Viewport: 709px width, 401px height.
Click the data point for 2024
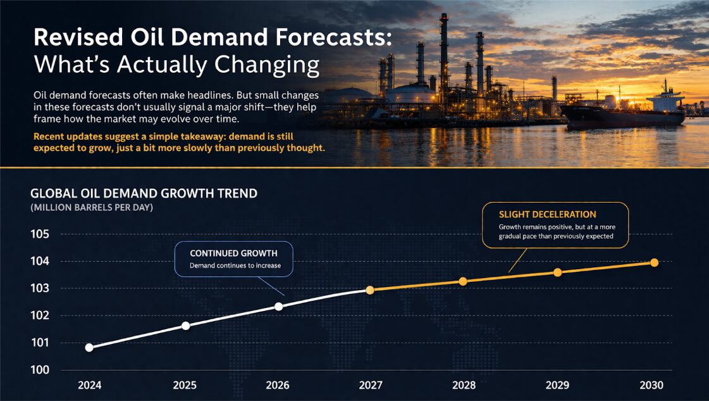click(89, 347)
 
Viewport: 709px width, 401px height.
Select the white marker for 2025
click(185, 326)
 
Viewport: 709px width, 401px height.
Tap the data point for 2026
click(278, 306)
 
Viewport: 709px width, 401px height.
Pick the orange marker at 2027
click(370, 290)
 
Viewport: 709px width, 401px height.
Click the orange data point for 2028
click(463, 281)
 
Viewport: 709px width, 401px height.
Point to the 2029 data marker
click(557, 272)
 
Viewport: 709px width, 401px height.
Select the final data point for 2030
click(655, 262)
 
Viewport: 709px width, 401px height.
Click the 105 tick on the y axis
click(40, 234)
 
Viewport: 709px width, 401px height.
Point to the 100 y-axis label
click(40, 370)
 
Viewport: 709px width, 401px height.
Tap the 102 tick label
click(40, 315)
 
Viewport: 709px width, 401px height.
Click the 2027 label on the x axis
click(370, 385)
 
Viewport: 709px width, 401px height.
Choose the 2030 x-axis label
click(651, 385)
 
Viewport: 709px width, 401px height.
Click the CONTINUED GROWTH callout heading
click(233, 253)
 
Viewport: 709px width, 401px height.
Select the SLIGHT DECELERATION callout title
click(547, 214)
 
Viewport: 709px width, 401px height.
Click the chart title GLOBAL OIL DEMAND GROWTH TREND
click(144, 193)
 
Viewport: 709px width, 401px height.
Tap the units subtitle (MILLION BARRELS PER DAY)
click(92, 208)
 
